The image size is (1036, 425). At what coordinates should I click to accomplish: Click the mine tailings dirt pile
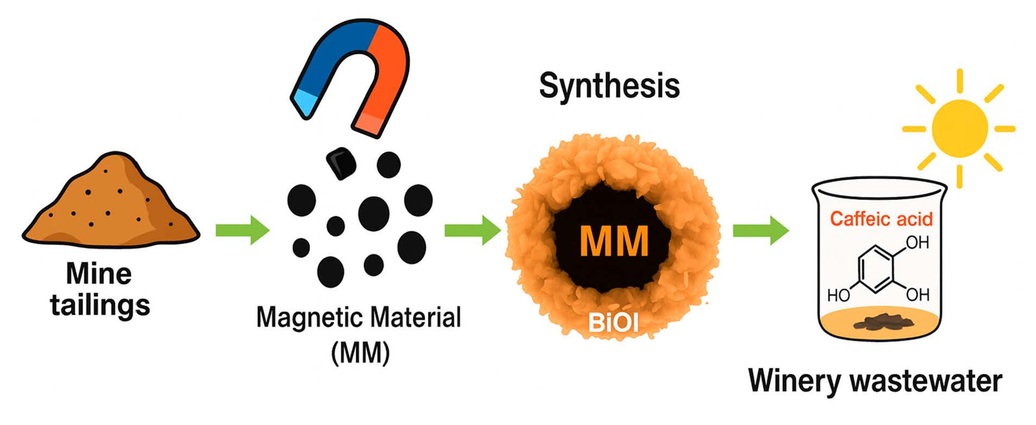pyautogui.click(x=111, y=204)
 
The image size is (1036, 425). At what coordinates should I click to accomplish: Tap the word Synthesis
pyautogui.click(x=609, y=86)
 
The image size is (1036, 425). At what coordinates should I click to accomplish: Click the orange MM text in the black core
pyautogui.click(x=614, y=241)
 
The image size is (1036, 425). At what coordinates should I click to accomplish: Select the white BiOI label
pyautogui.click(x=613, y=323)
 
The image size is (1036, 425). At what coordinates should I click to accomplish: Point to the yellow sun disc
pyautogui.click(x=959, y=128)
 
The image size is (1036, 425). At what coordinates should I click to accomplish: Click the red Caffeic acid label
pyautogui.click(x=881, y=219)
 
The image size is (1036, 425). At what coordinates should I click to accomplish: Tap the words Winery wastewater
pyautogui.click(x=875, y=381)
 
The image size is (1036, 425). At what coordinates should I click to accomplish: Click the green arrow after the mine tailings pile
pyautogui.click(x=242, y=230)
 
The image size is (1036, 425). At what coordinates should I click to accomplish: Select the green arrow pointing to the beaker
pyautogui.click(x=760, y=230)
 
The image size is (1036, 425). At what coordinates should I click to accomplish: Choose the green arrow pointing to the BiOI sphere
pyautogui.click(x=472, y=230)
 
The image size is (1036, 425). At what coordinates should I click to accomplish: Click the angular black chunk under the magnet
pyautogui.click(x=340, y=162)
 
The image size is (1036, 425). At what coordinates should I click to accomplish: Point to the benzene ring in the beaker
pyautogui.click(x=876, y=268)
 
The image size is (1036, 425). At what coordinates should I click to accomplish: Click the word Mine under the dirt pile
pyautogui.click(x=99, y=274)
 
